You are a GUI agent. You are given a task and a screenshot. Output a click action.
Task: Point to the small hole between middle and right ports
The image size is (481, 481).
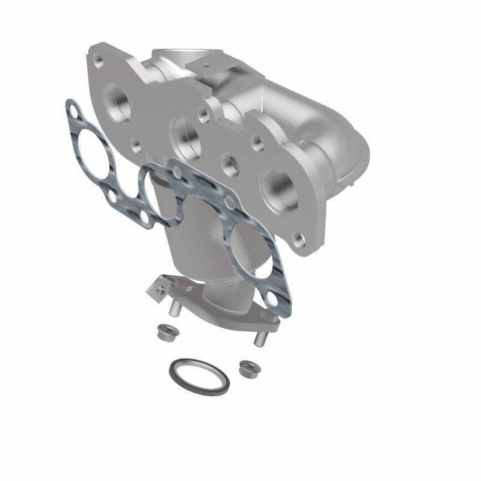[x=230, y=161]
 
